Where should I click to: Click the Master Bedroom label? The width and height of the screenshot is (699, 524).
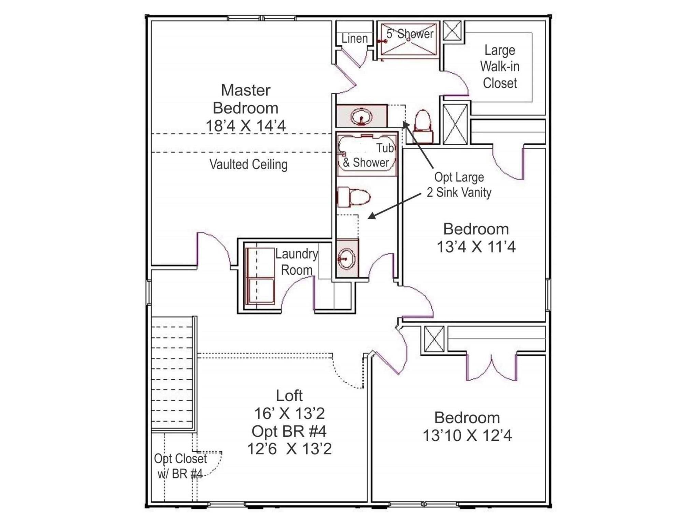pos(245,99)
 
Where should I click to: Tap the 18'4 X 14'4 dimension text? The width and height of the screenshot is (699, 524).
pos(245,126)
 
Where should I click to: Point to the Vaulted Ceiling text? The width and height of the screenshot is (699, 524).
pos(248,164)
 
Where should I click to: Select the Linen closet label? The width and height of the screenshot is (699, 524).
pos(354,39)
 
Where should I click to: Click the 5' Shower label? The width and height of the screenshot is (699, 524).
pos(410,34)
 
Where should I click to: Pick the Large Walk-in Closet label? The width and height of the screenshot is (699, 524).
pos(500,67)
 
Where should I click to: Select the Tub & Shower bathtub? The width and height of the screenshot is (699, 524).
pos(367,156)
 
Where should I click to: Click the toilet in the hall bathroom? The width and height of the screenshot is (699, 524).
pos(354,197)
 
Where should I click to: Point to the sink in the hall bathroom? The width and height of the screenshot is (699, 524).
pos(347,259)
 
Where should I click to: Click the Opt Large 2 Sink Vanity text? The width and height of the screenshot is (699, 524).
pos(459,185)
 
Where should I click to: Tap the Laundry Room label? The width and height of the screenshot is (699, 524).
pos(296,262)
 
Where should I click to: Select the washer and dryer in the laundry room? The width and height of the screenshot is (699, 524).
pos(260,276)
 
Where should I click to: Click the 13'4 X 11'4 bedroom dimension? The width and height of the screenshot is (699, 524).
pos(476,247)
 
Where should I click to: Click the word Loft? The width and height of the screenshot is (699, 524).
pos(289,396)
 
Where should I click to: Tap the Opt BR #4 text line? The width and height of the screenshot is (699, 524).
pos(289,432)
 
